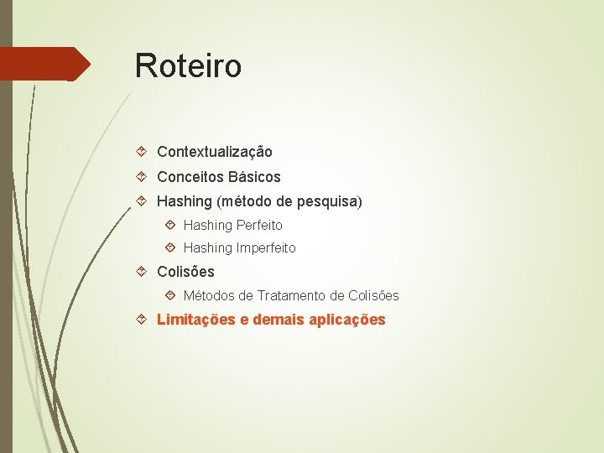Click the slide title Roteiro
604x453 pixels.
point(188,65)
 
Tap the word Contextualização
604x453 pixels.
point(215,152)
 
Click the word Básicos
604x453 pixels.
point(253,177)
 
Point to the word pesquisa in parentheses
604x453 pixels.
point(327,201)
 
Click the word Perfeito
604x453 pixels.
point(259,225)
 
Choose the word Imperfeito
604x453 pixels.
point(266,247)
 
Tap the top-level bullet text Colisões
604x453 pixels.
point(185,272)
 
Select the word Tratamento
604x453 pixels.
point(292,295)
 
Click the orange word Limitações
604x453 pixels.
point(196,320)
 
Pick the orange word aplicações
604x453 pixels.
point(346,320)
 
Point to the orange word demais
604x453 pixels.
point(277,320)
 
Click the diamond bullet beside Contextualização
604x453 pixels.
point(143,152)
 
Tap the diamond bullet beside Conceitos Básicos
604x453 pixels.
point(143,177)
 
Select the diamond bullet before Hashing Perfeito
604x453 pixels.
point(170,225)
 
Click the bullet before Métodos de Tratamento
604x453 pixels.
point(170,295)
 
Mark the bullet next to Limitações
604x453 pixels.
point(143,320)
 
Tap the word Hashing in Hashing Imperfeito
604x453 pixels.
point(207,247)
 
